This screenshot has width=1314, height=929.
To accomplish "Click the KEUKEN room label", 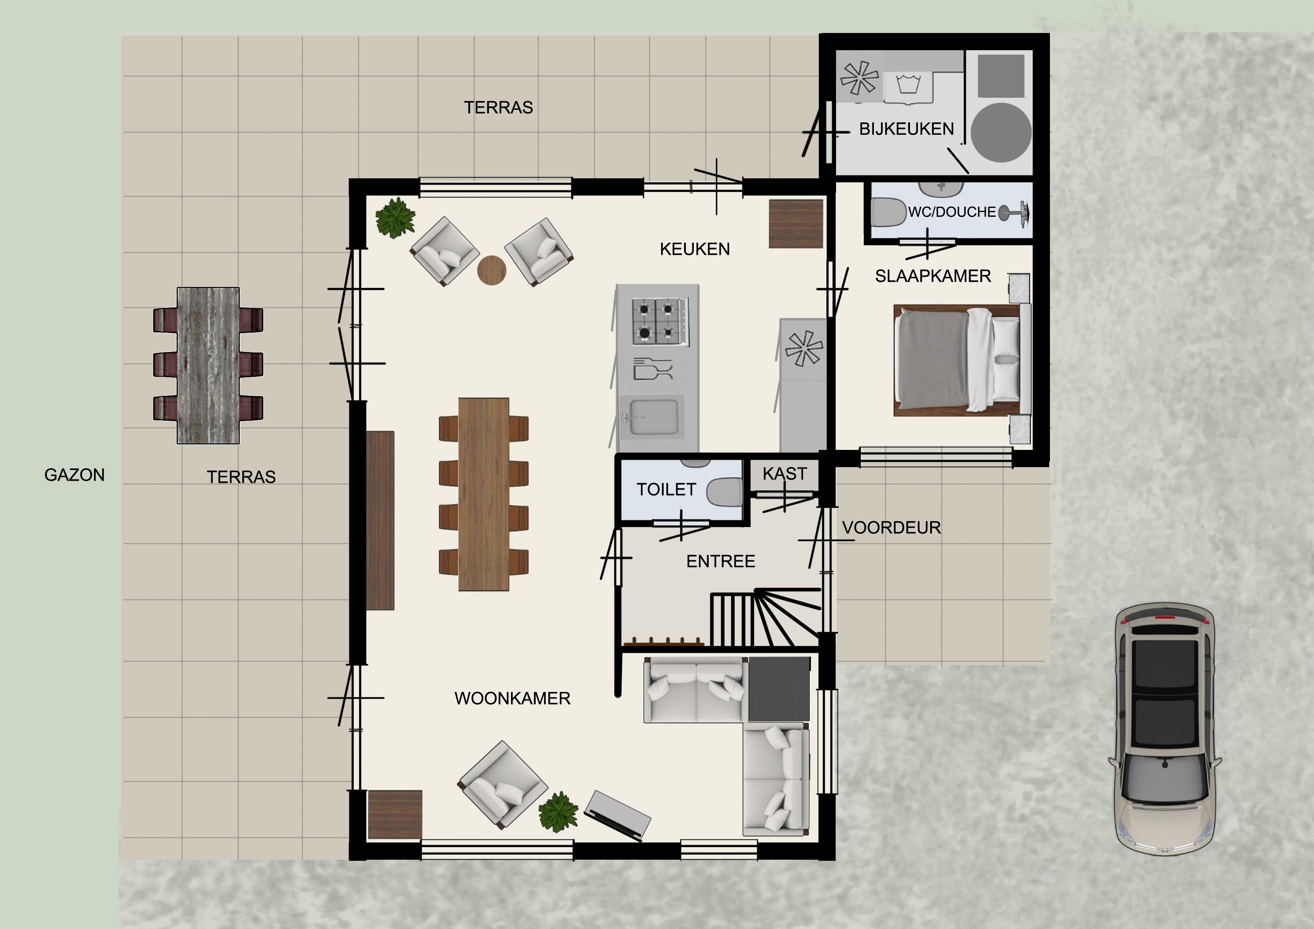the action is (695, 249).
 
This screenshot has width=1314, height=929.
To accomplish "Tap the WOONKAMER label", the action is (512, 698).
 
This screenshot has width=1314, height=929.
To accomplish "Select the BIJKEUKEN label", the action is (906, 129).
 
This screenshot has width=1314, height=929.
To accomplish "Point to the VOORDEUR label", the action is (891, 528).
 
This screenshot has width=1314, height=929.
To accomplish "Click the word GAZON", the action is (75, 475).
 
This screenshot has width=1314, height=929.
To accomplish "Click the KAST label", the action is (785, 474).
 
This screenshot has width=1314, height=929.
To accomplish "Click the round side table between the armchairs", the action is (491, 270).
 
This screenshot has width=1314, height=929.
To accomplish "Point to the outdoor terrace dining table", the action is (208, 366).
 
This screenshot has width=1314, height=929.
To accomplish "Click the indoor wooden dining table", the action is (484, 494).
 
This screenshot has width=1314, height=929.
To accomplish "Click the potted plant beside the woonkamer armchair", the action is (558, 812).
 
